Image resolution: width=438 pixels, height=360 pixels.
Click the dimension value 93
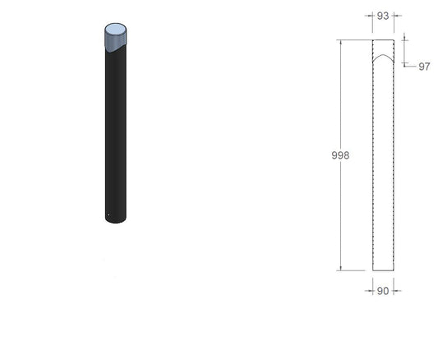click(x=383, y=16)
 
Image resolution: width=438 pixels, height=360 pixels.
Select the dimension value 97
click(x=424, y=67)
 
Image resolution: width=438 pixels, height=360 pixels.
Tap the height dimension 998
click(x=340, y=155)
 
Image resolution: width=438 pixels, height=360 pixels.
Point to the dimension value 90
click(x=383, y=291)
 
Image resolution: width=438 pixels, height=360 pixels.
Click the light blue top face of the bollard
click(x=115, y=29)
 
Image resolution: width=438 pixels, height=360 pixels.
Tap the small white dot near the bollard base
click(x=108, y=215)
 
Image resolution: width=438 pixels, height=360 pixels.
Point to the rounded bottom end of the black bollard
click(x=116, y=220)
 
